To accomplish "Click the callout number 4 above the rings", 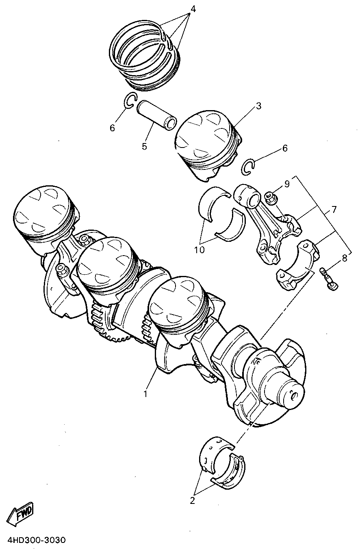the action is point(193,9).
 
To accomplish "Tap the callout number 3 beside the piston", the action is point(258,106).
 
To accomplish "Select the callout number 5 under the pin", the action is point(144,146).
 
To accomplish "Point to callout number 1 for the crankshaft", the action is point(145,394).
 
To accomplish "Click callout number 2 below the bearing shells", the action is point(193,501).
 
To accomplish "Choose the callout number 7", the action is point(334,210).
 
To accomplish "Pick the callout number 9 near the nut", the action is point(287,184).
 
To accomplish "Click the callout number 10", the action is point(200,250).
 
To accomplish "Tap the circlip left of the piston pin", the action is point(130,101).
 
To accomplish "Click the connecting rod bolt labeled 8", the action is point(328,278).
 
